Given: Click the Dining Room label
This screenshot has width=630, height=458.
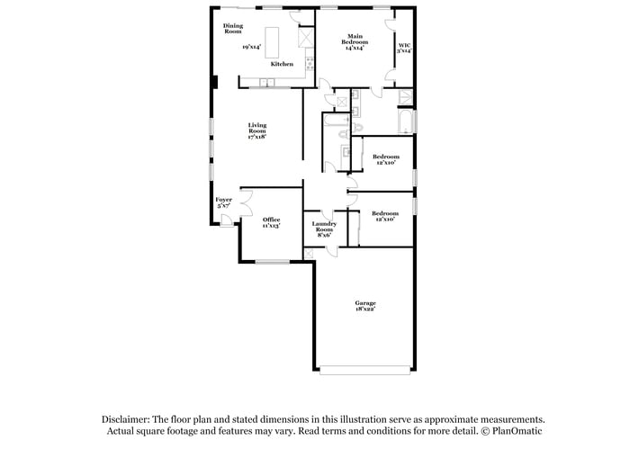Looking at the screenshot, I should [x=233, y=28].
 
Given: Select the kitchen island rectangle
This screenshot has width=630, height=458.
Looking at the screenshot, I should [x=278, y=40].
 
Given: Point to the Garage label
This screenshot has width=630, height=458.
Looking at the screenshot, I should [x=364, y=302].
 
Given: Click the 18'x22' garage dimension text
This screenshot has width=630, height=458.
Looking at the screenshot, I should [x=364, y=309].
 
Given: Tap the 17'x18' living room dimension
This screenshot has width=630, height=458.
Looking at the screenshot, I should [x=257, y=136].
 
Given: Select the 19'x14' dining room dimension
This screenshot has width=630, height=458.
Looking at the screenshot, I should [x=251, y=47].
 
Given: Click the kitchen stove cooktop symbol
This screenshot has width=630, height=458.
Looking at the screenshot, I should [x=310, y=63].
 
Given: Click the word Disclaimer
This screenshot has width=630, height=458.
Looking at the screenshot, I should [x=125, y=419].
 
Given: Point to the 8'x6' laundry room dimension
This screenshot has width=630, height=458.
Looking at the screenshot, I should [x=324, y=235].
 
